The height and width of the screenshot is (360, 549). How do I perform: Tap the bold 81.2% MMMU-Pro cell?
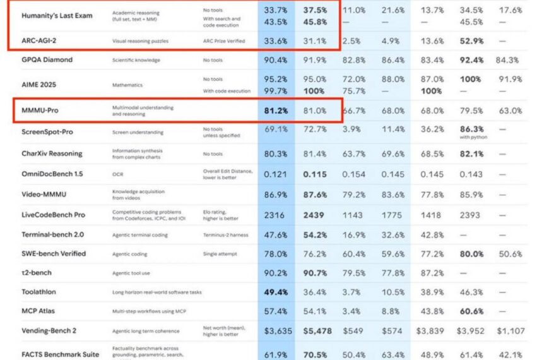(276, 111)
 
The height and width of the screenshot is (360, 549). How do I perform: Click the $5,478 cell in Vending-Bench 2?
(314, 330)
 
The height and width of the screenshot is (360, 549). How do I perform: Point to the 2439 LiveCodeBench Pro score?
(314, 215)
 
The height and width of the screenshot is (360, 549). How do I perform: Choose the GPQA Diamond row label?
(47, 60)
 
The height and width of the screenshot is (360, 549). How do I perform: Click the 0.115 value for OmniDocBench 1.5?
(314, 174)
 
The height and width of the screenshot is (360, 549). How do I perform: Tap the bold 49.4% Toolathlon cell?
(276, 293)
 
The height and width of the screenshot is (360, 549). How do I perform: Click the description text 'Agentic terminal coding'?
(139, 235)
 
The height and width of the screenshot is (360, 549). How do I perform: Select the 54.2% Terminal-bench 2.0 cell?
(314, 235)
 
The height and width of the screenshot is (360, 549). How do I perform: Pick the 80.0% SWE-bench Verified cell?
(471, 254)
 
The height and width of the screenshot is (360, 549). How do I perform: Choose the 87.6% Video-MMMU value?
(314, 195)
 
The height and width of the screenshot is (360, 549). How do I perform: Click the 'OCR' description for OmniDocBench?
(118, 174)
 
